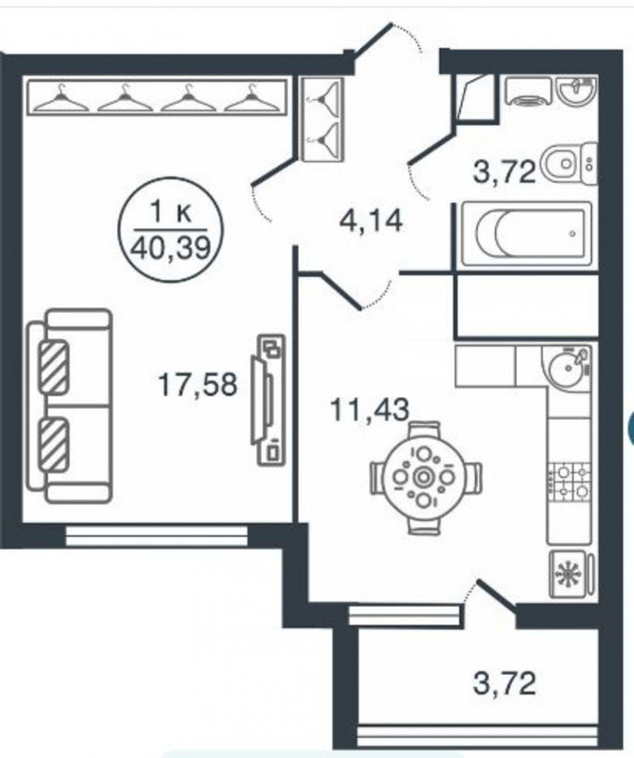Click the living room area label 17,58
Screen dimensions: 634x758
tap(198, 386)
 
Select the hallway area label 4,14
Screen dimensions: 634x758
tap(371, 222)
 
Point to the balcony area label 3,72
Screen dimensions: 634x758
tap(505, 684)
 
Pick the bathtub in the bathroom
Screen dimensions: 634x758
tap(527, 234)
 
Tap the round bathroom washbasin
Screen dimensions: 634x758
tap(576, 90)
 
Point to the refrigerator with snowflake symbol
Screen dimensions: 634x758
tap(569, 574)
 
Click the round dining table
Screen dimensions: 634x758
tap(423, 477)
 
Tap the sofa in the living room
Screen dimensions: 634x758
tap(69, 406)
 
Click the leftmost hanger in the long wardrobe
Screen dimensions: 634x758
tap(60, 99)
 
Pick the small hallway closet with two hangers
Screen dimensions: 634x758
tap(322, 119)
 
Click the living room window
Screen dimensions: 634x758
tap(157, 536)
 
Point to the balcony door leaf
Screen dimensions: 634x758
tap(496, 594)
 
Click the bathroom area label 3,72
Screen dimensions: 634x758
tap(505, 171)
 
